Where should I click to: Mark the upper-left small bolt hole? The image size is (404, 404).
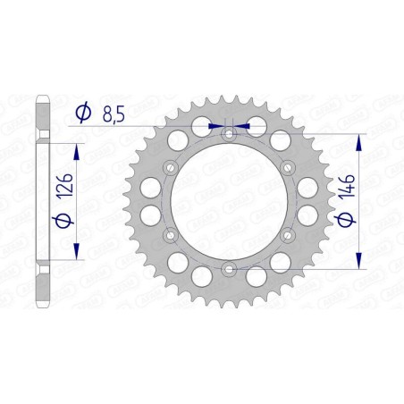pos(171,167)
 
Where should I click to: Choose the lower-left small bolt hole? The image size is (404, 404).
pos(171,234)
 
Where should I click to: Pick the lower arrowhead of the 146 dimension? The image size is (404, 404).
pos(359,261)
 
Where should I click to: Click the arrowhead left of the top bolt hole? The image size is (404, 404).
pos(215,126)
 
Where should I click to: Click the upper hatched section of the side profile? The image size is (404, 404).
pos(41,116)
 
